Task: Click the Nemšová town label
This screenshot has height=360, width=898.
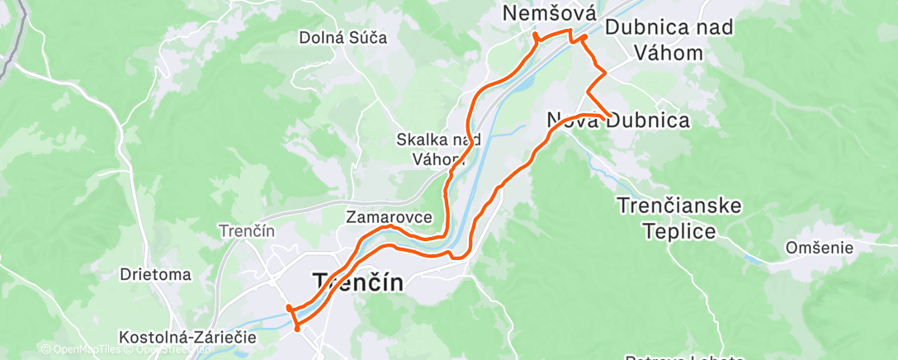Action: [x=550, y=14]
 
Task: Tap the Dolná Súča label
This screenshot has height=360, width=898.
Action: [x=343, y=37]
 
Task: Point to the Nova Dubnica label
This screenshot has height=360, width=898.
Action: [x=619, y=121]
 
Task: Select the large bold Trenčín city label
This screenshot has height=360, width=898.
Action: [x=359, y=282]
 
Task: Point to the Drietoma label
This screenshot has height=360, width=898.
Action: [x=155, y=274]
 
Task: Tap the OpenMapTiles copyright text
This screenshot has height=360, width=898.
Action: [x=83, y=350]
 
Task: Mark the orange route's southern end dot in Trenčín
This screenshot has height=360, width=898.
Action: [x=297, y=328]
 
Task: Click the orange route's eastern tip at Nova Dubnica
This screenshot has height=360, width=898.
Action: [x=609, y=116]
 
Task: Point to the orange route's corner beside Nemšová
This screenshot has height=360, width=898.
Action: [x=536, y=36]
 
